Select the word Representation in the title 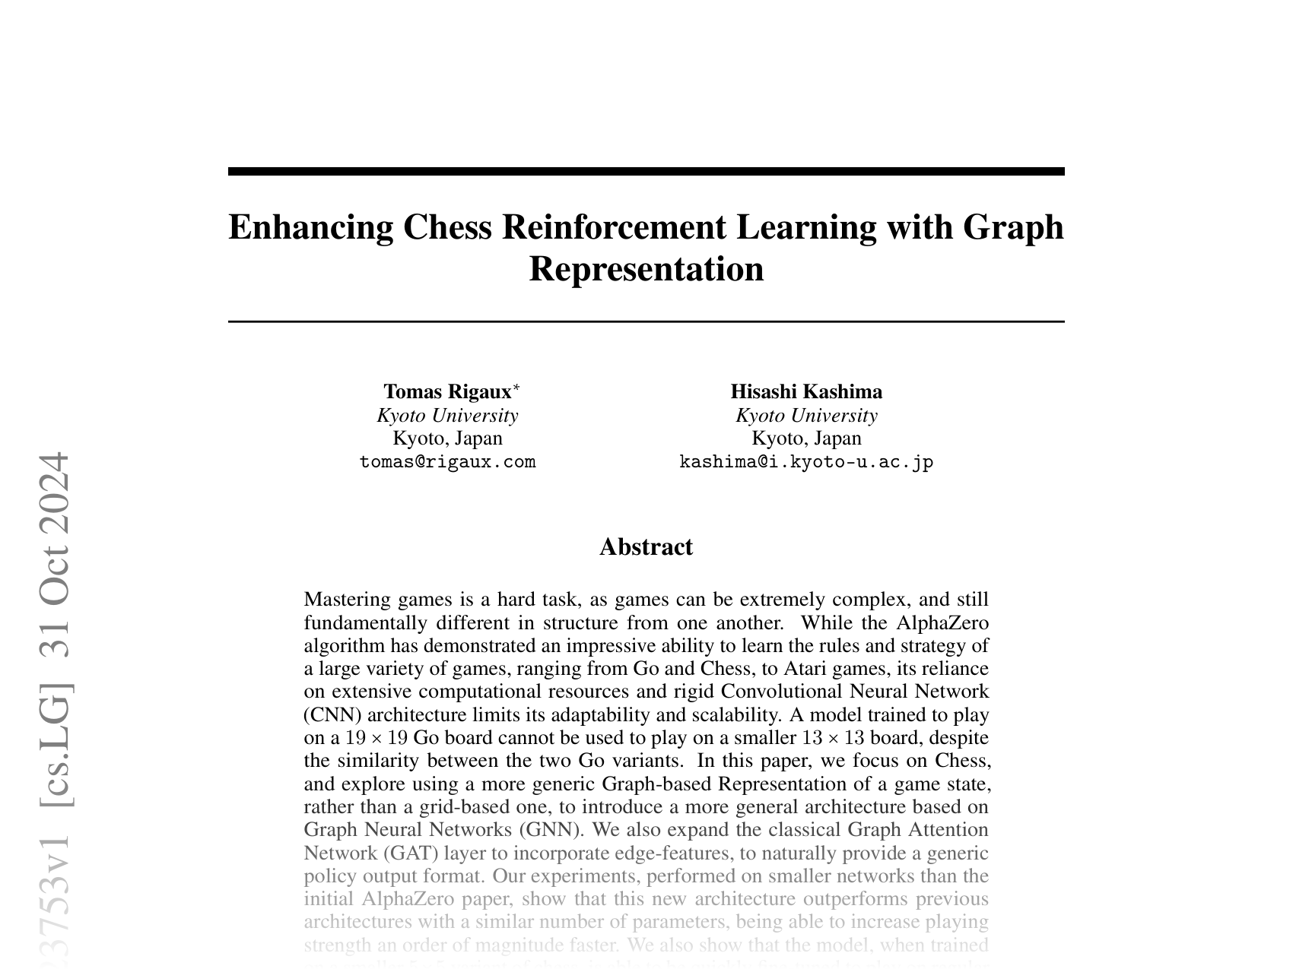pyautogui.click(x=646, y=269)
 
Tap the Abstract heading pyautogui.click(x=646, y=547)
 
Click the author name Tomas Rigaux pyautogui.click(x=447, y=392)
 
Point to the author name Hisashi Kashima pyautogui.click(x=806, y=392)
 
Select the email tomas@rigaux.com pyautogui.click(x=447, y=462)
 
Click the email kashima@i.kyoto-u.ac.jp pyautogui.click(x=806, y=462)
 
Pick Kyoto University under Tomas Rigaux pyautogui.click(x=447, y=416)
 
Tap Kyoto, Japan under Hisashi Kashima pyautogui.click(x=806, y=439)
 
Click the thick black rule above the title pyautogui.click(x=646, y=172)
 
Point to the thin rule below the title pyautogui.click(x=646, y=322)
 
